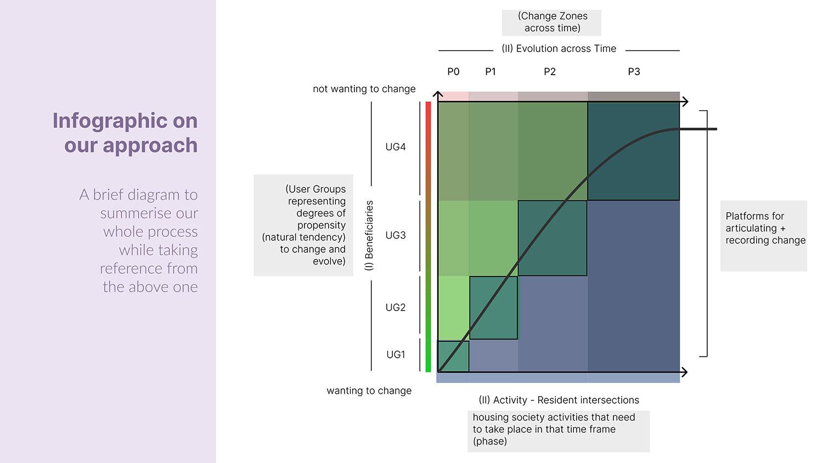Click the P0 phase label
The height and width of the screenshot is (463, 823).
(453, 72)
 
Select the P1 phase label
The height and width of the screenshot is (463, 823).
(491, 72)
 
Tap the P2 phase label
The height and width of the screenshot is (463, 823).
(550, 72)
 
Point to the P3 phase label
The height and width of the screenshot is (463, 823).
(634, 72)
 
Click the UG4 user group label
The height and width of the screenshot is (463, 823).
(395, 147)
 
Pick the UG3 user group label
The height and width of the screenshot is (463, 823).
(395, 235)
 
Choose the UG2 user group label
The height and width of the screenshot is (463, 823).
(395, 308)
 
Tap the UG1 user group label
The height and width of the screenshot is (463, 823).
(395, 355)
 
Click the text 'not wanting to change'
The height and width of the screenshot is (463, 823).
(364, 89)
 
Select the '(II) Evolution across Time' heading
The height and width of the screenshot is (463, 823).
(559, 49)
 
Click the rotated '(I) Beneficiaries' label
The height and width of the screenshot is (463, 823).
(369, 235)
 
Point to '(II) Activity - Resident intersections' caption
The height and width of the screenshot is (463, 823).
(559, 400)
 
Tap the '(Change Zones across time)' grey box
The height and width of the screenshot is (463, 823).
(552, 22)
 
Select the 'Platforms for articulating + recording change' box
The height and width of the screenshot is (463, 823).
(764, 235)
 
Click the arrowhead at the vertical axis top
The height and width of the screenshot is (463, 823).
(438, 94)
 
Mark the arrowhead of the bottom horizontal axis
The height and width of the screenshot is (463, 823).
(684, 372)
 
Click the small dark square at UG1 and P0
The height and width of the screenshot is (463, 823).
(453, 357)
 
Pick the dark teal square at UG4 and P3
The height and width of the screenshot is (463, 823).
(633, 151)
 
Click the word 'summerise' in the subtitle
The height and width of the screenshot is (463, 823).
(149, 213)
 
